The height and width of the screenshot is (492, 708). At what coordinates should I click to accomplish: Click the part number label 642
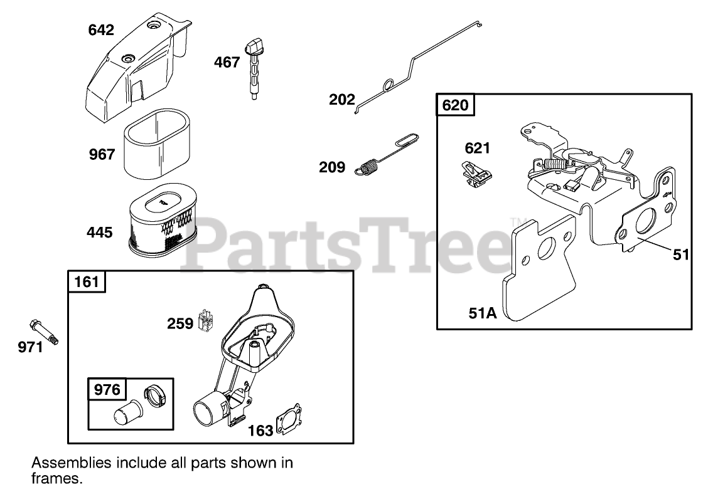101,29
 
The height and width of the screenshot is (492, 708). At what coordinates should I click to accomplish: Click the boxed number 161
87,281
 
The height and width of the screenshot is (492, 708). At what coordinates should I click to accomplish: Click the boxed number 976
107,389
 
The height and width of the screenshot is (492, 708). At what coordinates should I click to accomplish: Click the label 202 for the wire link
341,99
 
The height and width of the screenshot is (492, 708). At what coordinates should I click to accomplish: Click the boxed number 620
455,105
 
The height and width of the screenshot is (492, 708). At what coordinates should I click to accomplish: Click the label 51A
481,313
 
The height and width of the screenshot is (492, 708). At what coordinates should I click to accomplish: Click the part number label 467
227,62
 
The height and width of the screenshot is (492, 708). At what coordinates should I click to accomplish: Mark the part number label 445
100,233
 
